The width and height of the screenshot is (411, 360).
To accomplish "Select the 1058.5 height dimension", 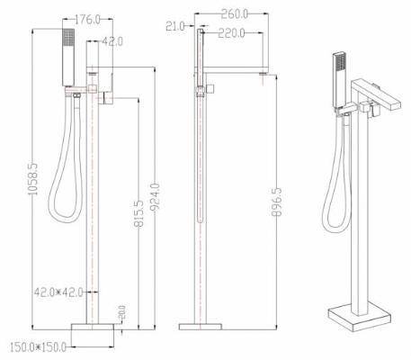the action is tap(33, 179).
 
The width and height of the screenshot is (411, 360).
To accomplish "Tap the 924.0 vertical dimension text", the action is tap(156, 196).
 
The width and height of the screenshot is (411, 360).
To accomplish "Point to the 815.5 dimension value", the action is tap(138, 213).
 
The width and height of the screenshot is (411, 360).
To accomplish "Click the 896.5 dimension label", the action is tap(276, 202).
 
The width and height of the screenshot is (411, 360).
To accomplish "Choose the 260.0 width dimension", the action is tap(235, 13).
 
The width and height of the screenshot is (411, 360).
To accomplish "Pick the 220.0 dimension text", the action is tap(231, 33).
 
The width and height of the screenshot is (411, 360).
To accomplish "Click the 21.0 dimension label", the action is tap(175, 26).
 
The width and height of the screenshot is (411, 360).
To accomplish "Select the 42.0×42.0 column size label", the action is tap(58, 292).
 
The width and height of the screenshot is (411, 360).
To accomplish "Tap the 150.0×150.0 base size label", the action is tap(38, 347).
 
